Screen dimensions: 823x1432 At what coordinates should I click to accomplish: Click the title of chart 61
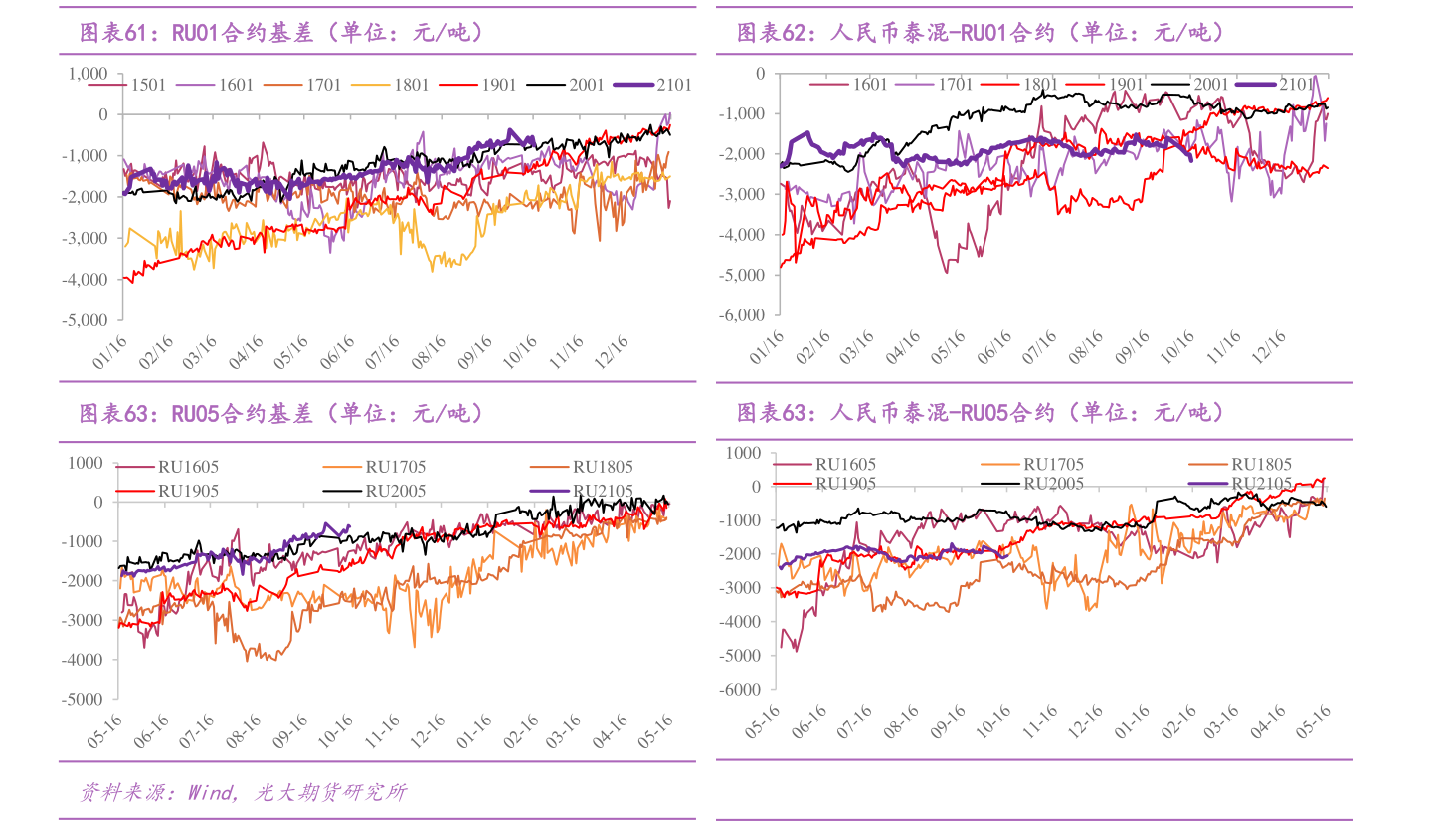[283, 33]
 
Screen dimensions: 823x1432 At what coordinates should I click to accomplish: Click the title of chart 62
[981, 33]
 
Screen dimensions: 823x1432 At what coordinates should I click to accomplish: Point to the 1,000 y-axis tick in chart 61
[89, 74]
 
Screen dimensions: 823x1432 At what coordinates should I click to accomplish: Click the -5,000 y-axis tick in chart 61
[88, 320]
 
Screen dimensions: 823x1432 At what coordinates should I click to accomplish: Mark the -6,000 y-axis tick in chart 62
[745, 314]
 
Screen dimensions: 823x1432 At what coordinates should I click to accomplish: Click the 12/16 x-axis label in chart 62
[1270, 350]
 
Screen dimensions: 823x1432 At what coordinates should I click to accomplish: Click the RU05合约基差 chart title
[282, 413]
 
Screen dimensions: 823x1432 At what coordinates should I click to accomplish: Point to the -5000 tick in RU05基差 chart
[85, 700]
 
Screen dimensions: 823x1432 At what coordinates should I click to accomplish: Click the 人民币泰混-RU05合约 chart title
[981, 413]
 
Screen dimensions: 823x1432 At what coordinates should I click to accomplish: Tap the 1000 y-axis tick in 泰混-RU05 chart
[745, 453]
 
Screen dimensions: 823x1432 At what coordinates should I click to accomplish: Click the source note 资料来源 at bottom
[243, 793]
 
